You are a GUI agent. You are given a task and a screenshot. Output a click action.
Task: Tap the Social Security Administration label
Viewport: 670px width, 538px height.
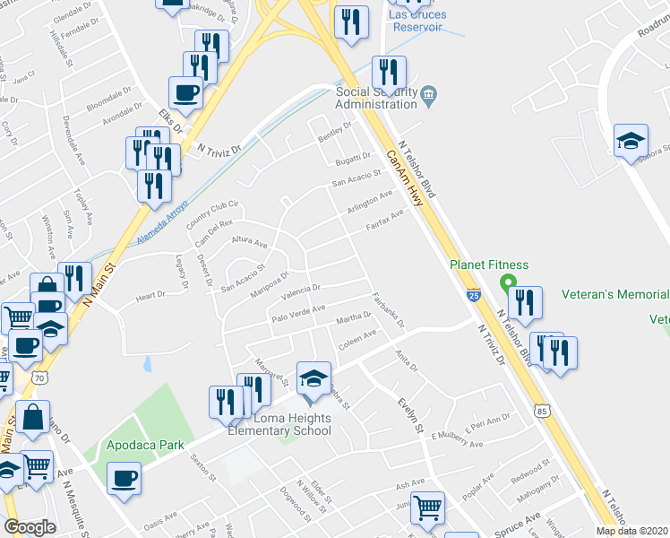[x=376, y=97]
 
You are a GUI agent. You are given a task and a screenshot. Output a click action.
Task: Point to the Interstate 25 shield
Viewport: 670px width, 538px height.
[x=472, y=293]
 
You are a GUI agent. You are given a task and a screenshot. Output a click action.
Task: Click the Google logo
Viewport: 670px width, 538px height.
[x=30, y=527]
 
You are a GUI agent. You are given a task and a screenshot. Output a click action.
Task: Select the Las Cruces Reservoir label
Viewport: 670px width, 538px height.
[x=417, y=21]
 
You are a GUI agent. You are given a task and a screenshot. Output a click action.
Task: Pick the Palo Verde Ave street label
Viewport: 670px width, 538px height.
[x=298, y=314]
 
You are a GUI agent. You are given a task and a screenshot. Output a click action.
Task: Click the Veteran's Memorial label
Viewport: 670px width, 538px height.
[x=615, y=294]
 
